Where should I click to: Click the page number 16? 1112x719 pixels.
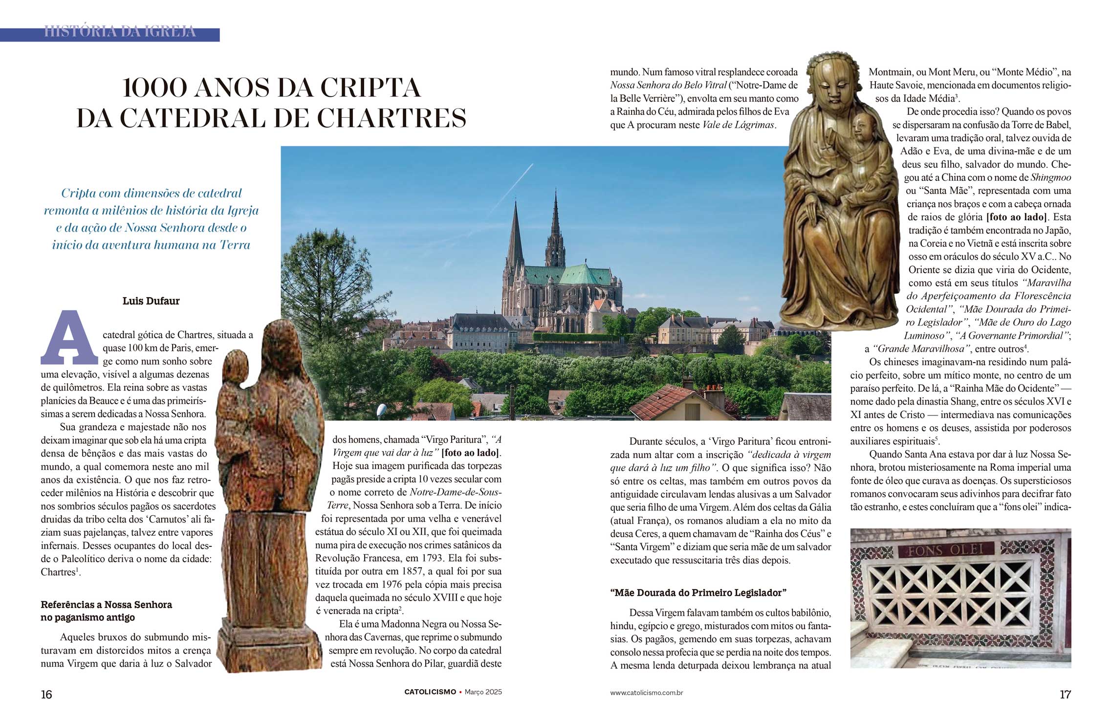[x=46, y=694]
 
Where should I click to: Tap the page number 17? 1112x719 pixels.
[x=1065, y=694]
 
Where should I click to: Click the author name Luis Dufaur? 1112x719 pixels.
[x=151, y=301]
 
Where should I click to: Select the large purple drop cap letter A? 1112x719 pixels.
[x=69, y=338]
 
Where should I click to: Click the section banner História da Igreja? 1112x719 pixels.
[x=120, y=32]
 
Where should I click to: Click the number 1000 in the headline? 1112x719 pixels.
[x=154, y=88]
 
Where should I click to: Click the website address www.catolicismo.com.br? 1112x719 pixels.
[x=646, y=693]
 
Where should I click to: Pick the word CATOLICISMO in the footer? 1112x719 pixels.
[x=430, y=692]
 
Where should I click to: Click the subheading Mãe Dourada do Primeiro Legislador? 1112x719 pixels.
[x=698, y=593]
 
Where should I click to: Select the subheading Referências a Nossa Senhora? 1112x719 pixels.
[x=107, y=605]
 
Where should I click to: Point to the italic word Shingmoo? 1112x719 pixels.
[x=1051, y=178]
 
